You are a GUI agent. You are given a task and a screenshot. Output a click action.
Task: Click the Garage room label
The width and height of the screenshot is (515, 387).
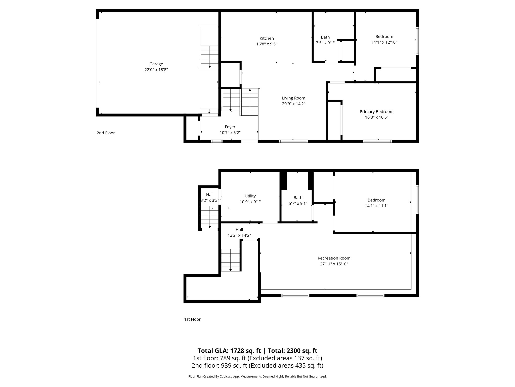click(156, 64)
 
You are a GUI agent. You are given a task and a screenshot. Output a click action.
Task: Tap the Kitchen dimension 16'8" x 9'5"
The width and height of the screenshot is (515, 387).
click(267, 44)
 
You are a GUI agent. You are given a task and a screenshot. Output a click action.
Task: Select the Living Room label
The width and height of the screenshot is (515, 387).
click(293, 98)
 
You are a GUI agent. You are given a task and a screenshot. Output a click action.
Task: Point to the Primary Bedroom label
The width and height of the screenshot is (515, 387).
click(376, 112)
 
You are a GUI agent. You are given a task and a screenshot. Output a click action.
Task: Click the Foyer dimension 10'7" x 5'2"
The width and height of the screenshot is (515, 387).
click(230, 133)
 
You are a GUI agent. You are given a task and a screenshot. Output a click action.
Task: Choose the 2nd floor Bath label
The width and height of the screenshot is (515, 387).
click(325, 37)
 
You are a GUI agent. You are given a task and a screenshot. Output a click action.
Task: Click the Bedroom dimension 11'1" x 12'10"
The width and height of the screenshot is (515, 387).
click(384, 42)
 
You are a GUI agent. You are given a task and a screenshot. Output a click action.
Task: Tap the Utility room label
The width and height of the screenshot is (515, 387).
click(250, 196)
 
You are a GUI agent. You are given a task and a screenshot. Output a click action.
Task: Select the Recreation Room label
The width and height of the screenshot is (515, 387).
click(334, 258)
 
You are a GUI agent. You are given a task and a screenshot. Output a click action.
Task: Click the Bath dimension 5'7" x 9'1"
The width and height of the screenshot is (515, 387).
click(298, 204)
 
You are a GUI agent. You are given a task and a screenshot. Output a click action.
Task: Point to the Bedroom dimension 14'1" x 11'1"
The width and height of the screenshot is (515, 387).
click(376, 206)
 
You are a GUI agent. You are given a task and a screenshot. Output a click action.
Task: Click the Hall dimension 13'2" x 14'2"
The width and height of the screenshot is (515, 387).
click(239, 236)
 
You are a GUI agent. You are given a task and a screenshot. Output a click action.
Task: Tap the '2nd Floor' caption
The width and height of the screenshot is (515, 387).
click(106, 133)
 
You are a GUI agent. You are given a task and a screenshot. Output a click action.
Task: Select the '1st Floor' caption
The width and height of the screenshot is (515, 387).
click(192, 319)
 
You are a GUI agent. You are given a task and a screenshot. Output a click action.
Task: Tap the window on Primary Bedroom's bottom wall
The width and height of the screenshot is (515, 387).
click(377, 141)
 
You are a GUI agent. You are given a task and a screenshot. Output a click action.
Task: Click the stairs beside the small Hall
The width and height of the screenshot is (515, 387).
click(209, 216)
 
